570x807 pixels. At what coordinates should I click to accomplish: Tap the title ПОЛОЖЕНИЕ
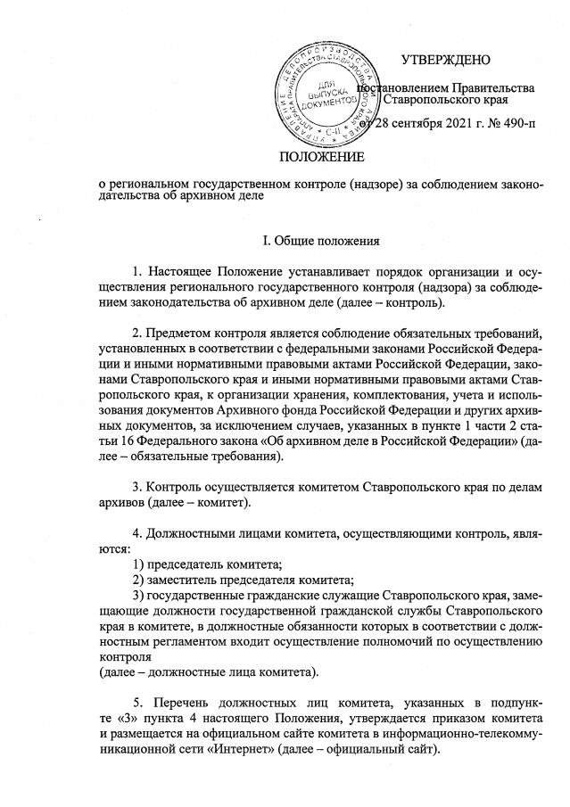click(x=322, y=158)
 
